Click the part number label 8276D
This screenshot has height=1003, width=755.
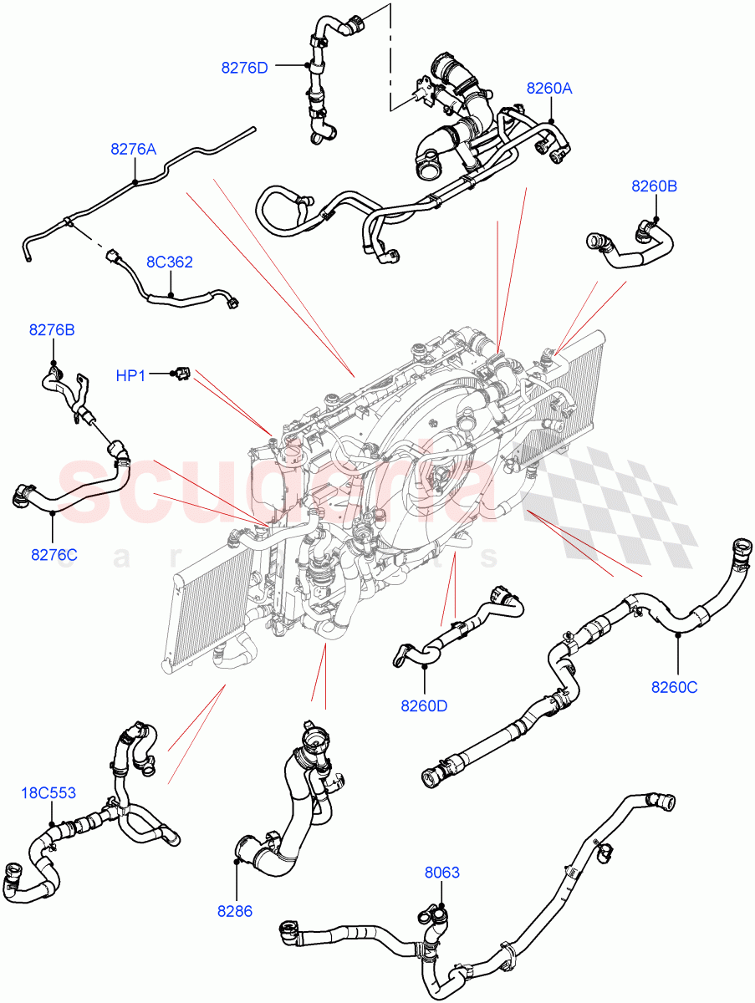(x=244, y=68)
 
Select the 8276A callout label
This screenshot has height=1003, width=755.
(x=133, y=150)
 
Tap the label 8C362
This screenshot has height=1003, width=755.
(x=170, y=262)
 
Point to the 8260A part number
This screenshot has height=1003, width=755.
(x=548, y=88)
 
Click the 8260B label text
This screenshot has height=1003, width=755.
(x=654, y=186)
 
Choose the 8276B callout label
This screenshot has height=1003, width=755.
(x=52, y=330)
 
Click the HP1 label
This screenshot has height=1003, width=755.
(x=130, y=376)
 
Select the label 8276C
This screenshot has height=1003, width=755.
(x=54, y=554)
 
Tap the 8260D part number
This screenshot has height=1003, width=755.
(x=424, y=705)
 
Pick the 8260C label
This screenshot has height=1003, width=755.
(x=675, y=688)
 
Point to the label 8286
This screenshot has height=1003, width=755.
(x=235, y=911)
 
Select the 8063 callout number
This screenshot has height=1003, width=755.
(x=441, y=873)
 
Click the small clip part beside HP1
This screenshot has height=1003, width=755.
(x=181, y=375)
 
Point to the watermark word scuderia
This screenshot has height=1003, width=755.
(x=276, y=489)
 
